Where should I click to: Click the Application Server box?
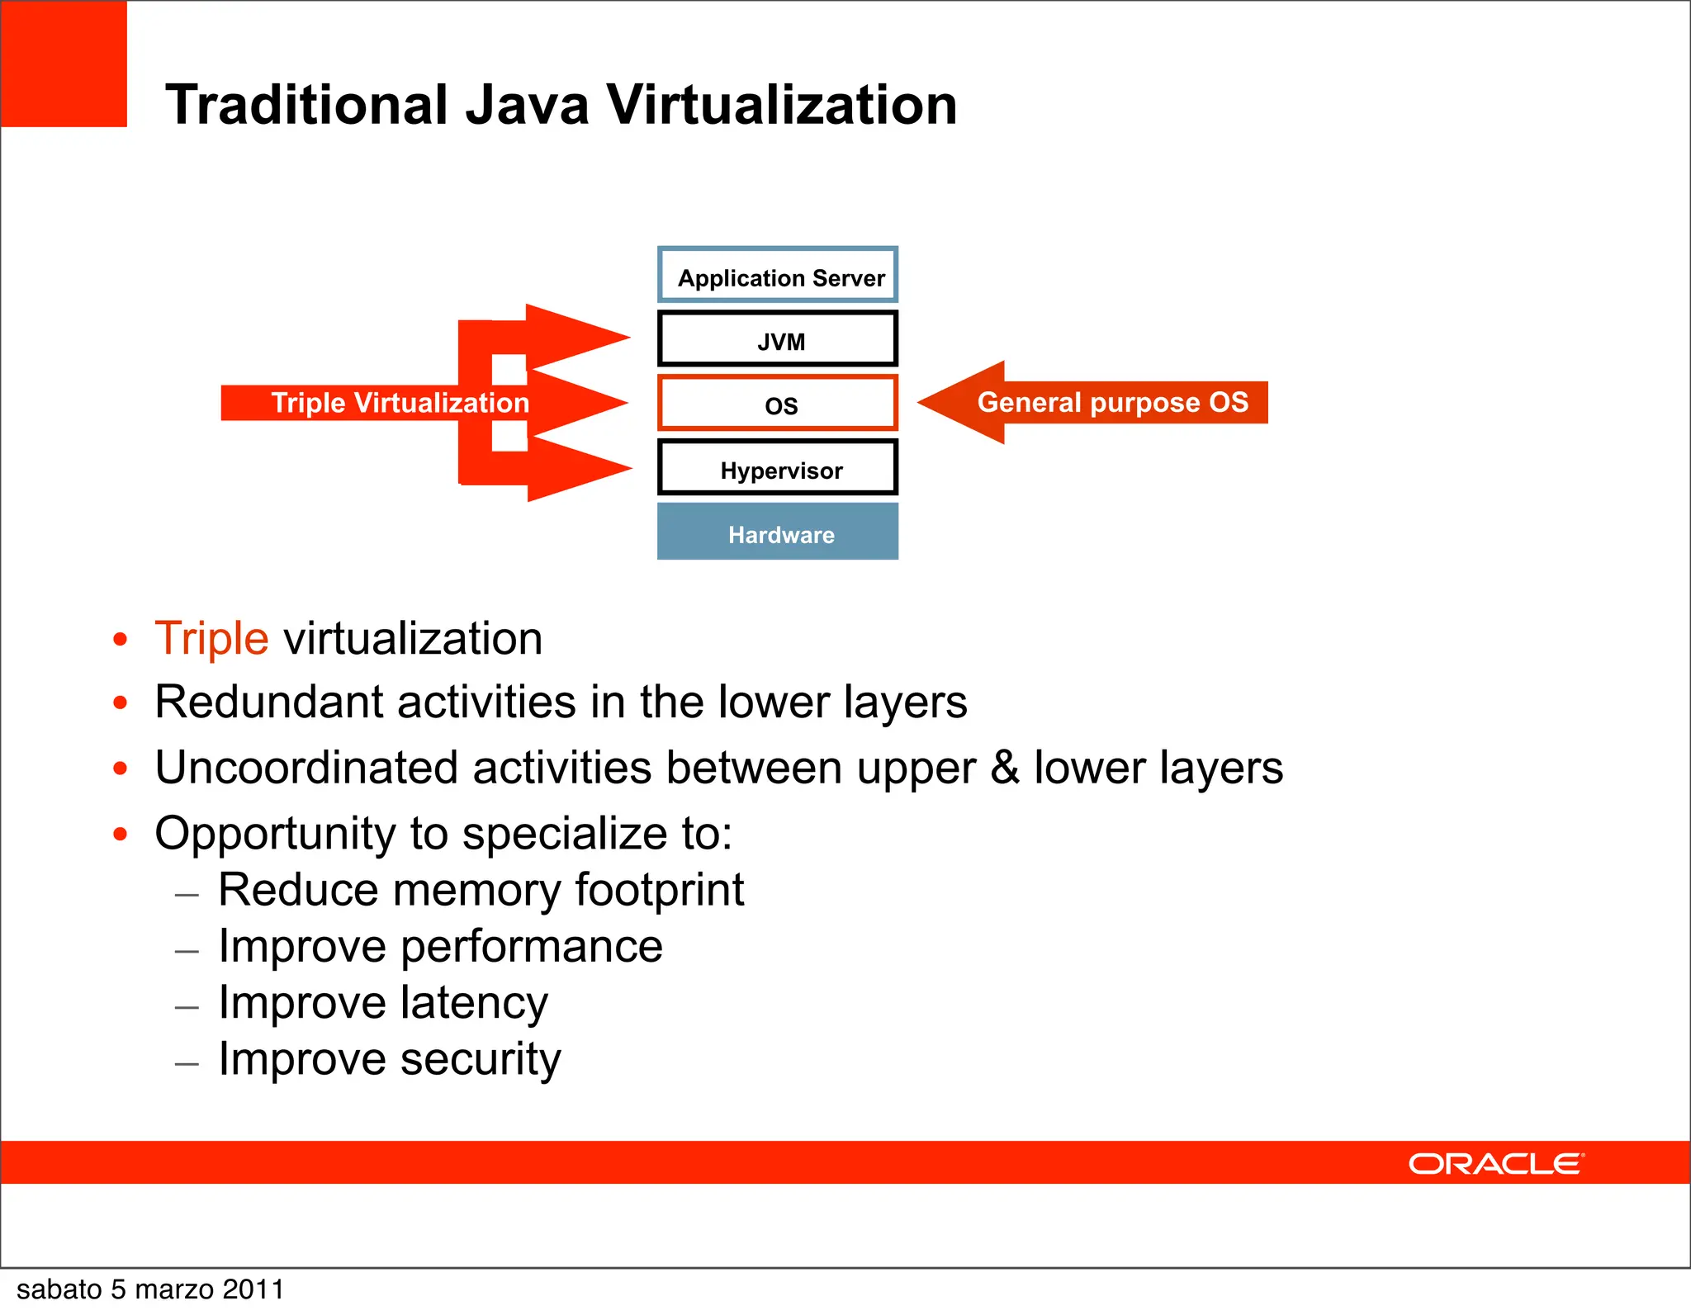pos(778,276)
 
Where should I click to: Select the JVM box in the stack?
pos(778,339)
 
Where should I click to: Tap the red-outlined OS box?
pos(778,404)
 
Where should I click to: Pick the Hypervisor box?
pos(778,468)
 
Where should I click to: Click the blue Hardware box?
pos(778,532)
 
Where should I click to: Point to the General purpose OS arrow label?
pos(1112,403)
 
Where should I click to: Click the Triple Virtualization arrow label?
pos(400,403)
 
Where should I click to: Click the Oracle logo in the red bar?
pos(1495,1164)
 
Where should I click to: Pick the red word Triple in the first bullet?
pos(211,638)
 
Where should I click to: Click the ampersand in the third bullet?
pos(1004,768)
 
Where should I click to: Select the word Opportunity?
pos(275,834)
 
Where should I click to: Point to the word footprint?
pos(659,890)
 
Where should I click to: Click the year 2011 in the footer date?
pos(253,1289)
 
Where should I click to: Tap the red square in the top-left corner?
pos(64,64)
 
